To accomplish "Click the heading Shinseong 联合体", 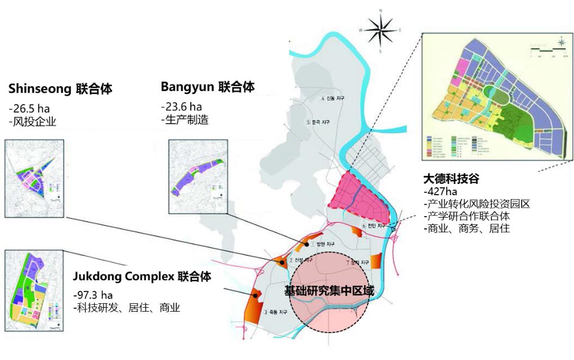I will coord(60,89).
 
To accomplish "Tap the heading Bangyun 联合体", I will coord(208,87).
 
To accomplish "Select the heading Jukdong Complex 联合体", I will coord(142,277).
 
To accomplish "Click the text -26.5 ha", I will coord(29,108).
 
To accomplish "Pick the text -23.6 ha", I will coord(181,106).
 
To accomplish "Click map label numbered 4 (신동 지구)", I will coord(332,99).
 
